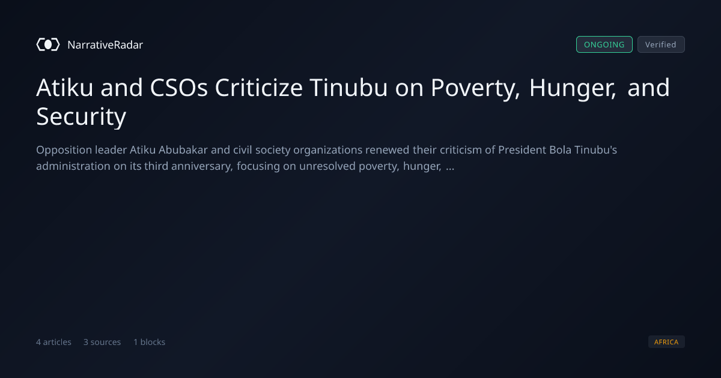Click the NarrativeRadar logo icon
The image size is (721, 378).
click(x=48, y=44)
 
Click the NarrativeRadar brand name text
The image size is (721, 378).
click(x=105, y=44)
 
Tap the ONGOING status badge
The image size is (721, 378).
click(x=604, y=44)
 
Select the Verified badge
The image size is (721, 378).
click(x=661, y=44)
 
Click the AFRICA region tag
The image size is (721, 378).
click(x=666, y=341)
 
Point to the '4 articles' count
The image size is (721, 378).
click(x=53, y=342)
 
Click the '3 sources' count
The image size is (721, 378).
click(x=102, y=342)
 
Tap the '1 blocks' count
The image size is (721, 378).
click(x=150, y=342)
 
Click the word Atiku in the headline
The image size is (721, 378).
click(x=65, y=88)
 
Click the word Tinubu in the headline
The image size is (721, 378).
click(x=348, y=88)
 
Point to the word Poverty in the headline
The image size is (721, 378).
click(x=475, y=88)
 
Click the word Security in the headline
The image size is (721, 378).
click(x=81, y=117)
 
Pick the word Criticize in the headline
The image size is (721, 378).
click(x=259, y=88)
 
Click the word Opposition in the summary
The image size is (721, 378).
click(x=64, y=151)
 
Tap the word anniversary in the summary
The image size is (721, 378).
click(x=202, y=167)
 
